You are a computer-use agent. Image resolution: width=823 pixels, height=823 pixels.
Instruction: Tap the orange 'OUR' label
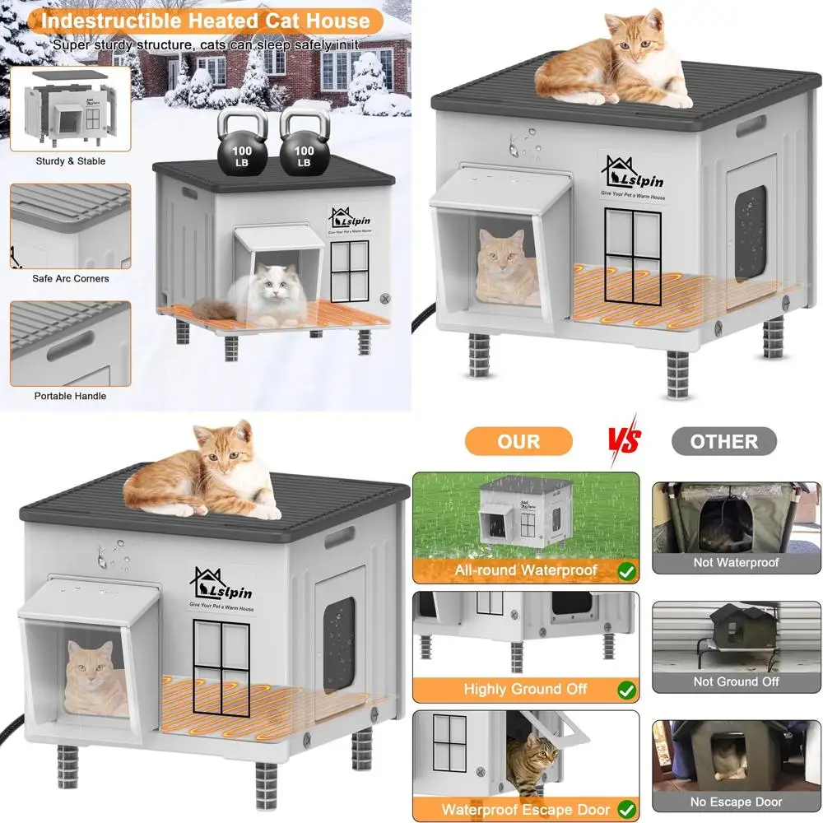point(518,441)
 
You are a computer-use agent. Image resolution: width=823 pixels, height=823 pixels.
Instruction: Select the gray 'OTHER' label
point(723,441)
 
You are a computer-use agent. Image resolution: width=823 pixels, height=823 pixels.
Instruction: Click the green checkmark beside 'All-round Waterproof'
point(626,570)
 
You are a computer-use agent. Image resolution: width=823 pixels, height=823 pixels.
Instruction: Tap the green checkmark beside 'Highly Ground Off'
point(626,689)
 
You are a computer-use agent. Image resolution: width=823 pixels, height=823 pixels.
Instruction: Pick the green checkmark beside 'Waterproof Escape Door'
point(626,809)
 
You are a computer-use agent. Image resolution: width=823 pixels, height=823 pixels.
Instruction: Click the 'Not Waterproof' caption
point(736,563)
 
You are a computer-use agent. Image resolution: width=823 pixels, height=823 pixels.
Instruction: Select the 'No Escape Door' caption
point(736,802)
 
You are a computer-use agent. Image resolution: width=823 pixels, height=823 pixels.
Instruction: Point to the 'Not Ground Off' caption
point(736,681)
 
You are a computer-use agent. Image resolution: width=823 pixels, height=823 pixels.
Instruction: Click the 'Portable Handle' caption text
point(70,396)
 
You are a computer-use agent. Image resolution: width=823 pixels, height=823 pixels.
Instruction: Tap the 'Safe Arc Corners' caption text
point(70,278)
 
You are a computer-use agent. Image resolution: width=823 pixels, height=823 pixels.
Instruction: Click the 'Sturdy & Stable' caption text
point(70,161)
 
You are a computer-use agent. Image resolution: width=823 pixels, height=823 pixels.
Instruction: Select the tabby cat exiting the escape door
point(531,761)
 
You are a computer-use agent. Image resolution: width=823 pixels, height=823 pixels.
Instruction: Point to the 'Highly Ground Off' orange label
point(525,689)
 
